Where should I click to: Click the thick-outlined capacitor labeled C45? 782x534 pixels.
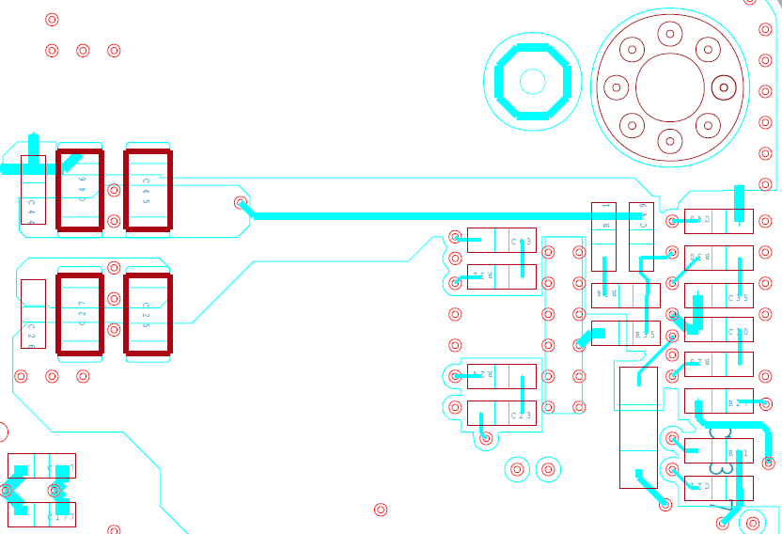[149, 190]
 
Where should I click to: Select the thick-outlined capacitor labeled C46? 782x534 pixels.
[80, 190]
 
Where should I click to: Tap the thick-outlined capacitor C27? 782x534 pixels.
[80, 314]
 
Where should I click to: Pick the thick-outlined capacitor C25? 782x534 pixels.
[149, 314]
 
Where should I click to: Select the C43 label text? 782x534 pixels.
[521, 242]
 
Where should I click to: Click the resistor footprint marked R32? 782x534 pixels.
[501, 276]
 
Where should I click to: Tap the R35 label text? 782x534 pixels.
[645, 334]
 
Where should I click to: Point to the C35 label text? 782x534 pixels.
[738, 298]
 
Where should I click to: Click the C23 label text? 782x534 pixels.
[521, 415]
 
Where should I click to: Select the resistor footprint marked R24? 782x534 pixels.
[501, 376]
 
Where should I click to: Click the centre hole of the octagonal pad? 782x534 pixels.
[532, 82]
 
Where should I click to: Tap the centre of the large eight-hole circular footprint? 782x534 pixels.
[669, 87]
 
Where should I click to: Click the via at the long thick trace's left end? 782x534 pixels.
[241, 202]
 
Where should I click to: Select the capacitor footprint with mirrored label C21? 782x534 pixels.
[718, 488]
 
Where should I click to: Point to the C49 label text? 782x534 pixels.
[701, 220]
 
